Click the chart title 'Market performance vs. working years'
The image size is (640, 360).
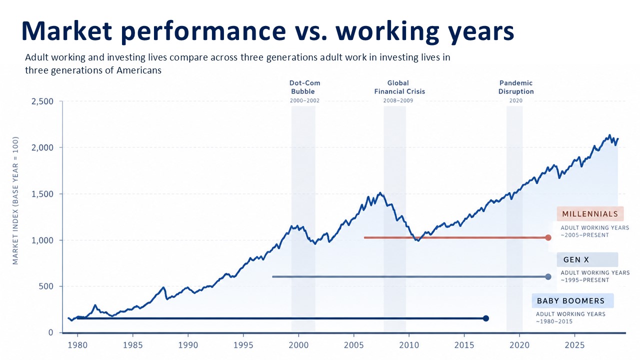pos(267,31)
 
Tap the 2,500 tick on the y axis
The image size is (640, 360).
pos(42,101)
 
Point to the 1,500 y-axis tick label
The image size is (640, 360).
pos(42,194)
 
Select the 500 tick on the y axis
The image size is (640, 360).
pos(46,286)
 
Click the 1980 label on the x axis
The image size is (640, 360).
pos(77,345)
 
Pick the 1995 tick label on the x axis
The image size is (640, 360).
pos(243,345)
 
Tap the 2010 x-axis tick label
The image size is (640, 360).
pos(409,345)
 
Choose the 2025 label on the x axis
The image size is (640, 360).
pos(574,345)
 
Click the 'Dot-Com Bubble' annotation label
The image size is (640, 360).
pos(304,87)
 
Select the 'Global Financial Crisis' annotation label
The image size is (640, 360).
pos(399,87)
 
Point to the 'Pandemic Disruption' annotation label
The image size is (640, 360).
pos(516,87)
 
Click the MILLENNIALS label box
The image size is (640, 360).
pos(590,213)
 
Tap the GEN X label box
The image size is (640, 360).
pos(587,259)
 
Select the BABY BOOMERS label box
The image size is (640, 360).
pos(572,300)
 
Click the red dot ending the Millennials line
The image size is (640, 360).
pos(548,237)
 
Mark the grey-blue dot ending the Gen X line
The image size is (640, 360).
pos(548,276)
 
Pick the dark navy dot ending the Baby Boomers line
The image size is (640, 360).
pos(485,318)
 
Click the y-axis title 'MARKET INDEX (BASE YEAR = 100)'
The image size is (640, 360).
pos(15,200)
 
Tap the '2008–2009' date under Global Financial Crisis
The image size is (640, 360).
pos(398,100)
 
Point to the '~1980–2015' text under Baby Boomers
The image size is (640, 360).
pos(554,321)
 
